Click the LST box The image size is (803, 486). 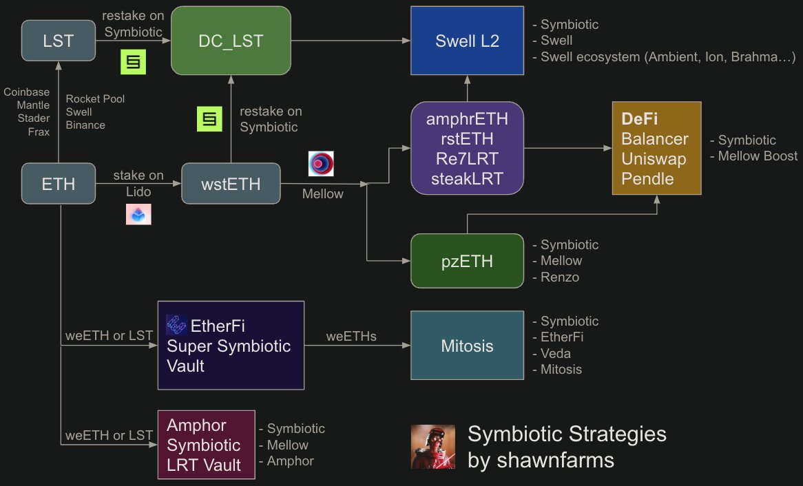tap(58, 41)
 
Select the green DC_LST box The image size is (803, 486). tap(230, 41)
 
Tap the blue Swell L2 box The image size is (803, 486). tap(468, 41)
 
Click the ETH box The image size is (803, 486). tap(58, 183)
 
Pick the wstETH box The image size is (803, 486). tap(231, 183)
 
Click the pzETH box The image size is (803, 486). tap(468, 261)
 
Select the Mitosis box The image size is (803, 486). tap(468, 346)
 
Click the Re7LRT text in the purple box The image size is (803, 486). tap(468, 159)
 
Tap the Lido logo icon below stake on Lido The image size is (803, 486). tap(138, 214)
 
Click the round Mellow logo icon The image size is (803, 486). tap(321, 164)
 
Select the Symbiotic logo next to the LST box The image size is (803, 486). tap(134, 62)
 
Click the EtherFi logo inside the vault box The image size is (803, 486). tap(176, 325)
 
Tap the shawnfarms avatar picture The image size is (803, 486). tap(432, 447)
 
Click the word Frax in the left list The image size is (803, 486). tap(39, 131)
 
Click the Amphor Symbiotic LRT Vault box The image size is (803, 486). tap(206, 445)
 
